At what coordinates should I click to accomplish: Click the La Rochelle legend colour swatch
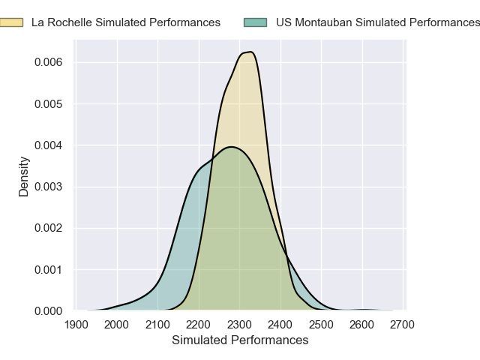point(11,22)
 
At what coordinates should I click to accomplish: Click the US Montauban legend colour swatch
point(256,22)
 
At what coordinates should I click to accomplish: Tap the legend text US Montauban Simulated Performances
point(377,22)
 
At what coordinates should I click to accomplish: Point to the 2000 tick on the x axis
point(116,324)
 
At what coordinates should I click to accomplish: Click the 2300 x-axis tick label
point(239,324)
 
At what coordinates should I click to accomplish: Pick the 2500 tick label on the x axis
point(321,324)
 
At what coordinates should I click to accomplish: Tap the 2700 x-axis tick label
point(403,324)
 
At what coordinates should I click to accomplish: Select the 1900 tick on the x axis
point(76,324)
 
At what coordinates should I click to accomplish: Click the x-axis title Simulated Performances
point(240,340)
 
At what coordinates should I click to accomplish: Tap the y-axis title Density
point(23,176)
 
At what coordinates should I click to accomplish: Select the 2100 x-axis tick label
point(157,324)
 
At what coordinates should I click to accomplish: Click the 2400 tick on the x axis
point(280,324)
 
